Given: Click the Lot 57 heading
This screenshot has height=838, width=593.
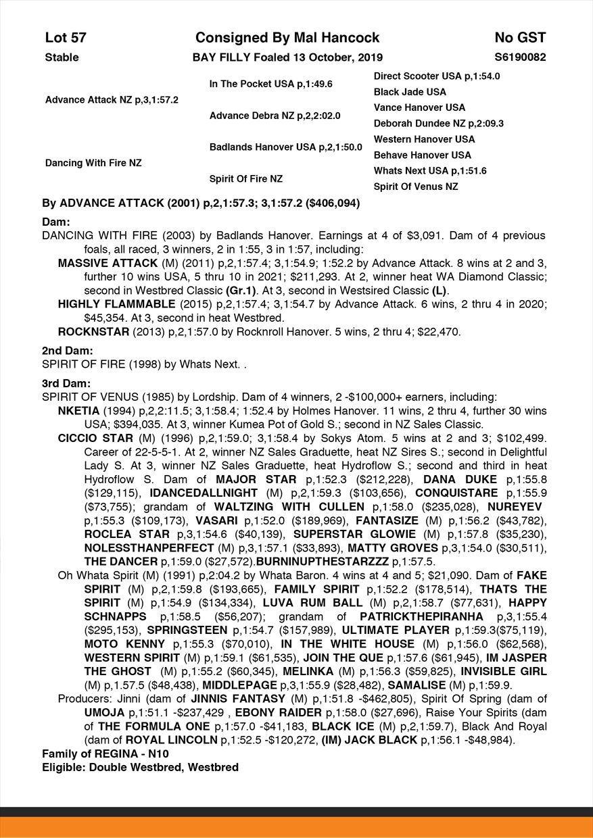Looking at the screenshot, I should (66, 38).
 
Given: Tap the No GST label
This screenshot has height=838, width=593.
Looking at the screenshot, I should (520, 38).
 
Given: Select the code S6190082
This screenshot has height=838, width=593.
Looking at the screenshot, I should (520, 57).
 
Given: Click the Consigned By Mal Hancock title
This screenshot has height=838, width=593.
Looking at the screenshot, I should (287, 38).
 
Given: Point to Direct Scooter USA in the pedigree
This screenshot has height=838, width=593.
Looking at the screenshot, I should (436, 76).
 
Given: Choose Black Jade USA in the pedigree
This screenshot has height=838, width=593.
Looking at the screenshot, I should (410, 92).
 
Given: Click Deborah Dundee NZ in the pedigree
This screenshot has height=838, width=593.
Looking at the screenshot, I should (438, 124).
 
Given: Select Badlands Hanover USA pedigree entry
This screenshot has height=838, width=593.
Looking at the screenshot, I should (285, 147).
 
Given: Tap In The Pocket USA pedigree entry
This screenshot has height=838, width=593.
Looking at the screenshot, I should (270, 84).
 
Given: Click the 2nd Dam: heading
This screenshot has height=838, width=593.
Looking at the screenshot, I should (68, 351).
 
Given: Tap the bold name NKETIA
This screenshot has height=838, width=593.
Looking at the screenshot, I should (79, 411).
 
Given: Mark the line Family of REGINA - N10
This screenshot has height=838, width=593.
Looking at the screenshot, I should (105, 754).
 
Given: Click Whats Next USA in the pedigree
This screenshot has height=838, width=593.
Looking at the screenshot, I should (430, 171).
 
